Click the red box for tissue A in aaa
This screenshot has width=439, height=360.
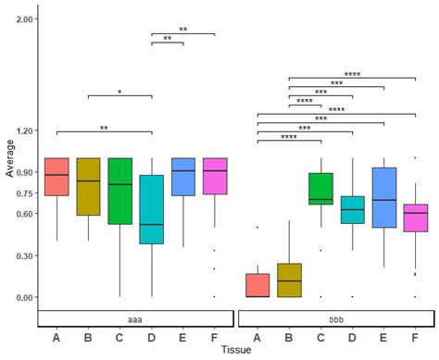click(x=56, y=177)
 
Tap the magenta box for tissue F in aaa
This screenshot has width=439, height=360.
click(x=215, y=176)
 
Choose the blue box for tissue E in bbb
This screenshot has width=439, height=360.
click(x=383, y=197)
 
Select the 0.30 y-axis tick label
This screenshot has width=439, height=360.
click(x=26, y=255)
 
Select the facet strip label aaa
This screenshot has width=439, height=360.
click(x=135, y=317)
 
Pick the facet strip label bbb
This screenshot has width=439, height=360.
click(x=336, y=317)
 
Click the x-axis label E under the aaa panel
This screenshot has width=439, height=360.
click(x=183, y=336)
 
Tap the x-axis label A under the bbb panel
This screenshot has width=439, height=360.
click(x=257, y=336)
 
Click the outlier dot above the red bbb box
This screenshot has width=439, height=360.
click(x=257, y=227)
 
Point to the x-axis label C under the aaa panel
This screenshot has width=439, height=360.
click(x=119, y=336)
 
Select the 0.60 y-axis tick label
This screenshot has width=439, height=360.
click(x=26, y=214)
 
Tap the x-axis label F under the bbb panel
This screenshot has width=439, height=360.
click(x=415, y=336)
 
